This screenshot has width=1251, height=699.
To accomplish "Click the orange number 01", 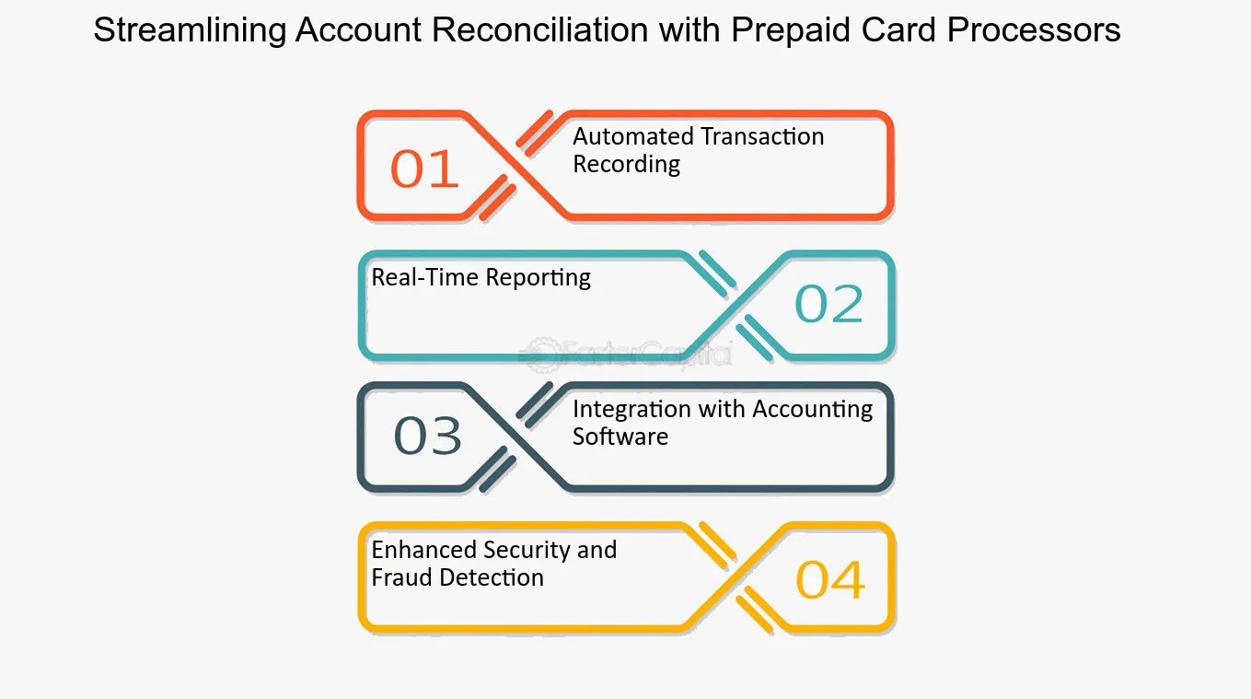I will (x=424, y=169).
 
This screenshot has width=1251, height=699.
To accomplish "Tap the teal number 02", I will (x=828, y=305).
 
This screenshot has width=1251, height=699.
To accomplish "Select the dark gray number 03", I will (x=428, y=437).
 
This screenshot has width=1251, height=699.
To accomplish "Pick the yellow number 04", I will (x=830, y=580).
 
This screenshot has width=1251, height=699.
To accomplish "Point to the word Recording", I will (x=626, y=164).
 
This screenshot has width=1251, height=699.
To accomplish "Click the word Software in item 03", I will (x=620, y=437).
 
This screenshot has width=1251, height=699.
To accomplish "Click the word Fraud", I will (x=401, y=577).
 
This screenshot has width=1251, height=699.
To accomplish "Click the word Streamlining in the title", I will (x=189, y=30).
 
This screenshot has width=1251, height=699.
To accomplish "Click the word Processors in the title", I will (x=1034, y=30).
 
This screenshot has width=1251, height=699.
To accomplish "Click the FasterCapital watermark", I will (x=626, y=353).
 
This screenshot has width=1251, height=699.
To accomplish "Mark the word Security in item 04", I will (x=527, y=550).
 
